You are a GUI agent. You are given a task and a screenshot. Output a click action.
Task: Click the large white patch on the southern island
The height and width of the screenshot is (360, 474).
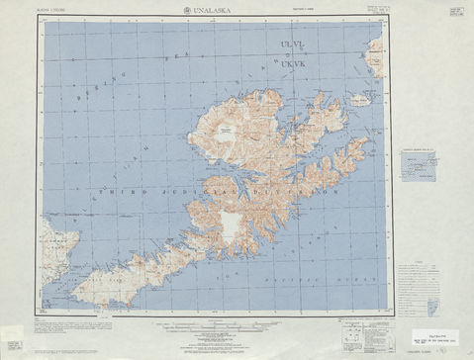click(230, 225)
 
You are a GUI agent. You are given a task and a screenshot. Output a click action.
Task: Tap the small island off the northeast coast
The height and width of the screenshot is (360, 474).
click(359, 100)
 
